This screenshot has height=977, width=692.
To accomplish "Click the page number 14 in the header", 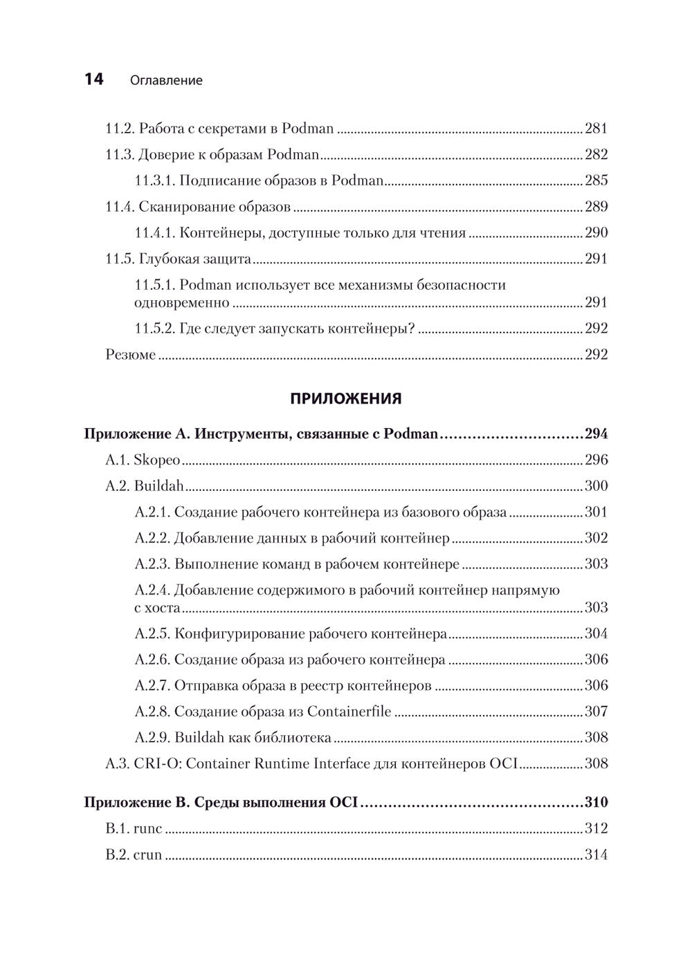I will click(93, 80).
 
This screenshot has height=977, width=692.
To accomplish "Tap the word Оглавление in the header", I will click(166, 80).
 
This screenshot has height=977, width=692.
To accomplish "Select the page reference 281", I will click(596, 128).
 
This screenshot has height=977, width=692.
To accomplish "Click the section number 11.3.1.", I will click(154, 180).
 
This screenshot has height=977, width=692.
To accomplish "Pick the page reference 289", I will click(596, 206).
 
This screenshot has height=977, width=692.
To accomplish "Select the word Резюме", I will click(130, 354).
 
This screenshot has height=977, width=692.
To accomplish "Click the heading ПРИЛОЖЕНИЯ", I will click(345, 398).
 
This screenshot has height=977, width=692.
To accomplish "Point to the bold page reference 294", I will click(596, 434).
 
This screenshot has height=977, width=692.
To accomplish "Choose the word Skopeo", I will click(157, 460).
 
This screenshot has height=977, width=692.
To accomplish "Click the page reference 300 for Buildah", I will click(596, 486).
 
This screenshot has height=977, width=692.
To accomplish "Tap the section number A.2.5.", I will click(152, 633).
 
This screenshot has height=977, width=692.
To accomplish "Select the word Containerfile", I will click(349, 711).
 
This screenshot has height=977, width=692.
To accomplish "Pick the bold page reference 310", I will click(596, 803).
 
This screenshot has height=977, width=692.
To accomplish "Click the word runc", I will click(147, 828).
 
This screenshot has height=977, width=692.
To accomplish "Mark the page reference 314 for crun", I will click(596, 855).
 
